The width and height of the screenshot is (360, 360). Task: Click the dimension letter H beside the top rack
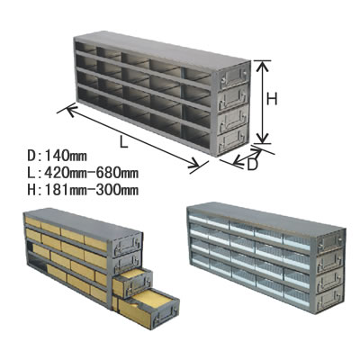pos(272,99)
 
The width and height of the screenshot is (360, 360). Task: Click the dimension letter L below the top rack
pos(123,141)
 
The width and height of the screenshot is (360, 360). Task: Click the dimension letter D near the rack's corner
pos(253,165)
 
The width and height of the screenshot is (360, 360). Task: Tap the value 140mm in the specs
pos(66,156)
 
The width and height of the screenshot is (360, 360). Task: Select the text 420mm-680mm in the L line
pos(91,173)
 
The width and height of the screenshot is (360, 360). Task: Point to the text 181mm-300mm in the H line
pos(91,190)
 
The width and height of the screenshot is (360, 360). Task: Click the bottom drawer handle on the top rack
pos(233,142)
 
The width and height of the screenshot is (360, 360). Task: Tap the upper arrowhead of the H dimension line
pos(263,66)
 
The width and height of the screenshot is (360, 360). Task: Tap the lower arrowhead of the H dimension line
pos(263,139)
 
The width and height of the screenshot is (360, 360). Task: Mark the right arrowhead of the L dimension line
pos(194,163)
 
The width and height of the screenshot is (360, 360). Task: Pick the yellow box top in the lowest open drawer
pos(153,298)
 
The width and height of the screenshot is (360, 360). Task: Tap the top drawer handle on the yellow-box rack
pos(129,243)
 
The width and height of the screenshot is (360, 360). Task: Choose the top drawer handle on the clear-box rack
pos(330,242)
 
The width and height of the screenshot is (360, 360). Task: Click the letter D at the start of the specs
pos(31,156)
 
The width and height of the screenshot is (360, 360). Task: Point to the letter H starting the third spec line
pos(31,190)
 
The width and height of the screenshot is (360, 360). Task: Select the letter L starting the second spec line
pos(31,173)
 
